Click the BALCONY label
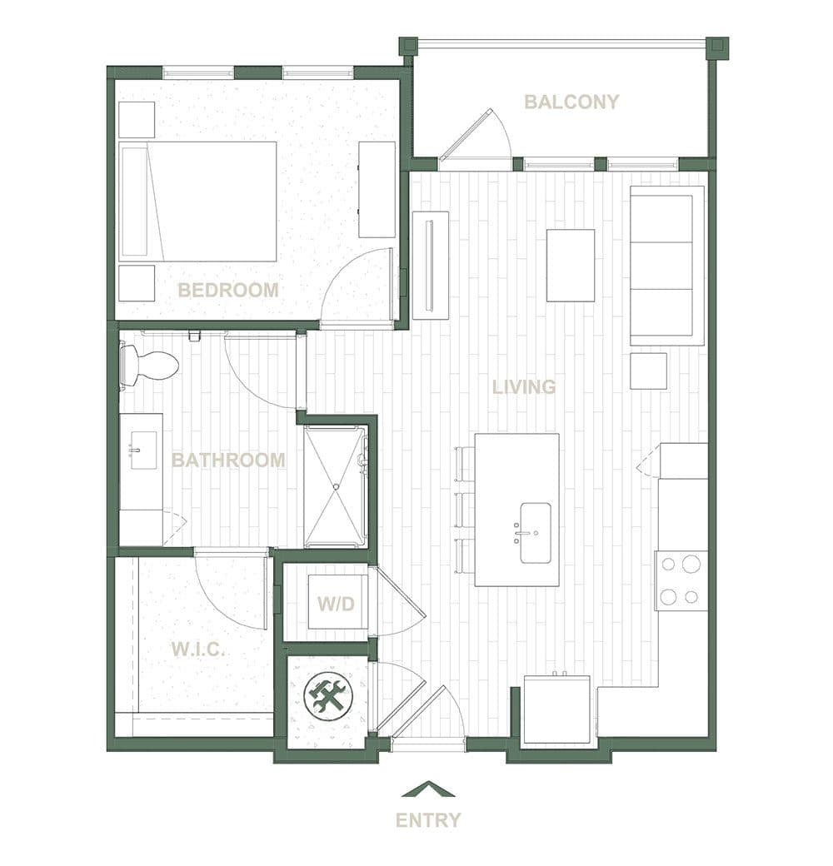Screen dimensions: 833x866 coord(571,102)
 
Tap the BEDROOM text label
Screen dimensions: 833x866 coord(227,290)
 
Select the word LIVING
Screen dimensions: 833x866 coord(524,387)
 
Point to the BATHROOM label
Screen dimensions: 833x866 coord(228,460)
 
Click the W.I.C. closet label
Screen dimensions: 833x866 coord(198,649)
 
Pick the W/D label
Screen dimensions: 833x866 coord(336,604)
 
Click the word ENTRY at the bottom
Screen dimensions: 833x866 coord(428,820)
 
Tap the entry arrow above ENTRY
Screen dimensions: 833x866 coord(429,789)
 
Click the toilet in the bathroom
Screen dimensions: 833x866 coord(149,365)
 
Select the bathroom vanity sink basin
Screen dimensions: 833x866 coord(143,450)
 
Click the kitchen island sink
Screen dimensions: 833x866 coord(536,533)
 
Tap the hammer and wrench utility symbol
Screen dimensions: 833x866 coord(327,696)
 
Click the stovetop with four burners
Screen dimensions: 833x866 coord(681,580)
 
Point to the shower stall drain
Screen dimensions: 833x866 coord(336,486)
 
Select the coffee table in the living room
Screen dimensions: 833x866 coord(571,266)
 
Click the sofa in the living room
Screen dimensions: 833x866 coord(667,266)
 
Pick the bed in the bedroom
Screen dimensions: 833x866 coord(197,202)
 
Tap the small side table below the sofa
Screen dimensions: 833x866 coord(649,371)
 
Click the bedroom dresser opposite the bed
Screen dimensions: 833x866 coord(377,190)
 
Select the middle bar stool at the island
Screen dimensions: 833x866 coord(465,510)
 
